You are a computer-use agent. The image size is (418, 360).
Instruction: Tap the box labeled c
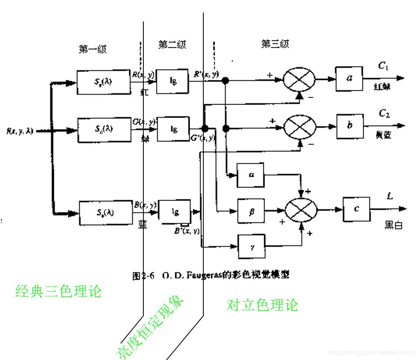(x=356, y=209)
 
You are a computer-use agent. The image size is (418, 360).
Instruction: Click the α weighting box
(x=250, y=175)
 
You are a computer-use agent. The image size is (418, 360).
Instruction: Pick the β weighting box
(x=251, y=211)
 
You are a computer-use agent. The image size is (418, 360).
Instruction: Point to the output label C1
(x=383, y=66)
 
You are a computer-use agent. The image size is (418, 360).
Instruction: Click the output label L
(x=390, y=197)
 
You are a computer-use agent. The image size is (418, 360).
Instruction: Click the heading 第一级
(x=93, y=49)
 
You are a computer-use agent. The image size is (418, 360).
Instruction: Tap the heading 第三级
(x=275, y=44)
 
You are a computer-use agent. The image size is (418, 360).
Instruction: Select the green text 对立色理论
(x=262, y=304)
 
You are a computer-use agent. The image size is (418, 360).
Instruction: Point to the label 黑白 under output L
(x=393, y=226)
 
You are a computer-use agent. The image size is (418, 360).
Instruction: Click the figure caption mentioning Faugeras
(x=211, y=275)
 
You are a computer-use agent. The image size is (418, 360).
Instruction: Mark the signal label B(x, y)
(x=145, y=205)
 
